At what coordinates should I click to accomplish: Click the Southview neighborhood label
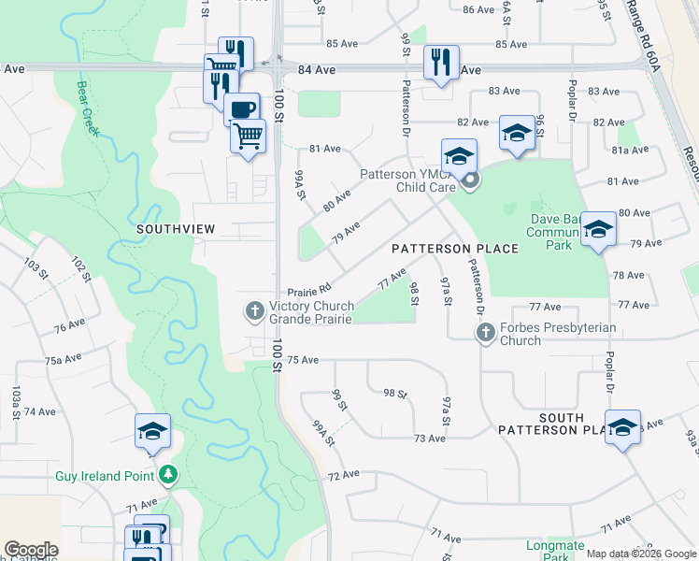point(177,228)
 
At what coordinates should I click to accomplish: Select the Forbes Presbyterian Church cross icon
point(486,332)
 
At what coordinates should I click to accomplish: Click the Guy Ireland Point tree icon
point(167,475)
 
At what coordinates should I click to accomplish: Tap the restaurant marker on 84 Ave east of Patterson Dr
point(439,62)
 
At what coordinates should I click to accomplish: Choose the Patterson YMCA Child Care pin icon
point(469,180)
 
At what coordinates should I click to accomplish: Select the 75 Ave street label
point(303,360)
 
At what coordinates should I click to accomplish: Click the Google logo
point(31,550)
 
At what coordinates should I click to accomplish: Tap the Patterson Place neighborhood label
point(454,249)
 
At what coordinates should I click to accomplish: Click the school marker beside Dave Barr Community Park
point(598,229)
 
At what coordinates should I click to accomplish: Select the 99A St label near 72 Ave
point(321,434)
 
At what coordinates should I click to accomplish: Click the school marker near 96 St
point(517,133)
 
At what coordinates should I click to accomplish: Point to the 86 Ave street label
point(478,9)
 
